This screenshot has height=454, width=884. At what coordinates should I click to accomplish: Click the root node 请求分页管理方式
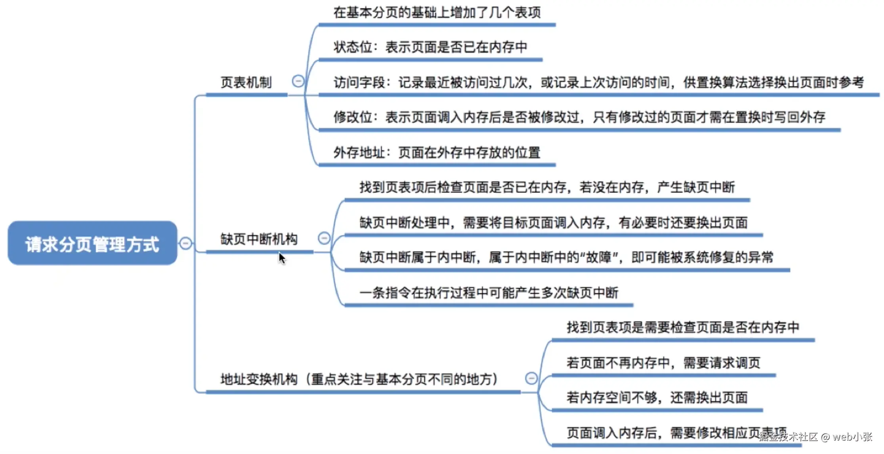click(92, 243)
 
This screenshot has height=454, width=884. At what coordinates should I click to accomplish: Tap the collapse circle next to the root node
click(185, 243)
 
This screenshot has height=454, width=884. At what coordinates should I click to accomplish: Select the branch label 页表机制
click(246, 83)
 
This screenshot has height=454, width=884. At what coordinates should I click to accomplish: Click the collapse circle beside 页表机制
click(298, 81)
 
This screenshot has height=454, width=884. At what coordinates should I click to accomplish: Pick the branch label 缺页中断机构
click(259, 239)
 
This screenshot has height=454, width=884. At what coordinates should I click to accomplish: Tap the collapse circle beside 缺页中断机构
click(324, 238)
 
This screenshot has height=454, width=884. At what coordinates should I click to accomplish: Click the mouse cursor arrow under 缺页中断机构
click(282, 258)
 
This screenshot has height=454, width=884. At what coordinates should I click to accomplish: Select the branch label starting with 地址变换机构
click(359, 379)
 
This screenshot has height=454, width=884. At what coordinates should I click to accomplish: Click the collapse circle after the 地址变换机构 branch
click(531, 378)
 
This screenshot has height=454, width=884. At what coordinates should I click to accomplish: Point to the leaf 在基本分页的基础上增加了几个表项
click(437, 13)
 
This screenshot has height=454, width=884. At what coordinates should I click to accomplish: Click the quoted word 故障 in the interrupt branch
click(599, 258)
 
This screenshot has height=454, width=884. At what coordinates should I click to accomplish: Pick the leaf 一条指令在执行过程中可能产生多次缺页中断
click(489, 293)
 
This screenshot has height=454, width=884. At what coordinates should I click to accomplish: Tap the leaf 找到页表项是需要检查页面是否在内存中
click(683, 327)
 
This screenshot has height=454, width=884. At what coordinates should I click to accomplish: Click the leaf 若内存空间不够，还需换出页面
click(657, 398)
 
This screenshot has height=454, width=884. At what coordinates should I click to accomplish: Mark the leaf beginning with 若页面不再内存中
click(663, 363)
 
